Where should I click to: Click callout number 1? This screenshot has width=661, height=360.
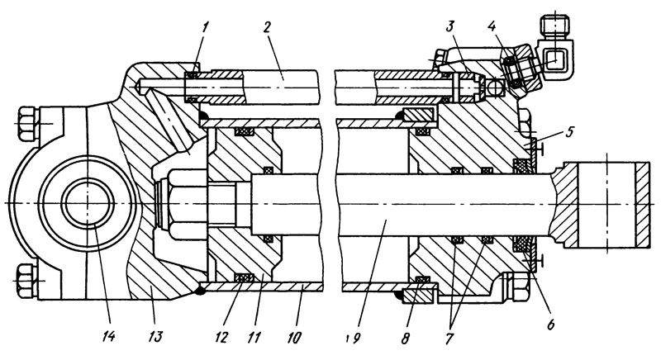click(x=204, y=29)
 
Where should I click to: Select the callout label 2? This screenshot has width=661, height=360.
click(x=266, y=28)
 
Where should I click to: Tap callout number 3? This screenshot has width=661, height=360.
click(x=449, y=28)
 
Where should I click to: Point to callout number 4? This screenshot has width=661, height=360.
click(x=491, y=27)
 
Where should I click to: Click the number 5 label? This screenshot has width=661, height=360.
click(x=569, y=132)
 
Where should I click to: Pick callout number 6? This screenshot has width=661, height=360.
click(x=550, y=324)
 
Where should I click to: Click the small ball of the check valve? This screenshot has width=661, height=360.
click(x=494, y=88)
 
